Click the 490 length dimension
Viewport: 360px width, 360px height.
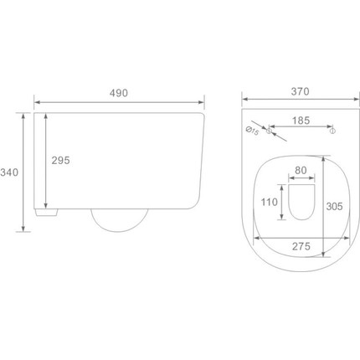(x=119, y=93)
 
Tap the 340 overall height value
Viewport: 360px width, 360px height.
(x=9, y=172)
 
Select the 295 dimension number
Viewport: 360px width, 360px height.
(x=60, y=161)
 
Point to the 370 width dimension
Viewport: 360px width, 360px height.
(x=301, y=91)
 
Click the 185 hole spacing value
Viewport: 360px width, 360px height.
(x=301, y=121)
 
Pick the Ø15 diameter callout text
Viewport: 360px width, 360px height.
(x=252, y=131)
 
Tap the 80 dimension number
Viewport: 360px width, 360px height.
(x=301, y=170)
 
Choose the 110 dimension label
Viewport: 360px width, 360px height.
(x=270, y=202)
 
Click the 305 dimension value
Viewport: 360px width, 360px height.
(x=334, y=207)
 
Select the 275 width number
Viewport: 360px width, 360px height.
(x=301, y=246)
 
